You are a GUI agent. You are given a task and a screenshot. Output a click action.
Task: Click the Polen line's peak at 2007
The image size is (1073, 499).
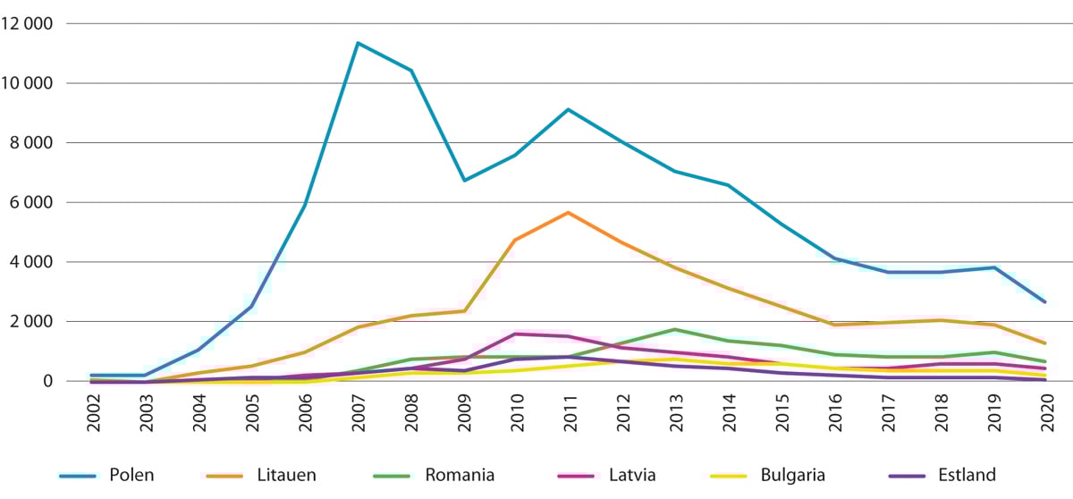[x=357, y=43]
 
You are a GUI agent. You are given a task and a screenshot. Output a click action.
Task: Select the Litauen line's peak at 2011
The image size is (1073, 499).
[x=568, y=213]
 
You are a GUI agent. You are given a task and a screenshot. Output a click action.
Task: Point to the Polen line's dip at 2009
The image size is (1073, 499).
[x=462, y=181]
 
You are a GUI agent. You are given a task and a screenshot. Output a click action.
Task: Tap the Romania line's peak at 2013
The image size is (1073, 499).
[x=673, y=329]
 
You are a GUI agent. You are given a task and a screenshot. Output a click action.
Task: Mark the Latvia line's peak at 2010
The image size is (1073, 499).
[x=515, y=334]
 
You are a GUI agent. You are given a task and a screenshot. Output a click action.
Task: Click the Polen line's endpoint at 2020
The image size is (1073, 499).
[x=1043, y=302]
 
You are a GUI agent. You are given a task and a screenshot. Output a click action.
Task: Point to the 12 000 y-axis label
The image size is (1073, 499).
[x=28, y=23]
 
